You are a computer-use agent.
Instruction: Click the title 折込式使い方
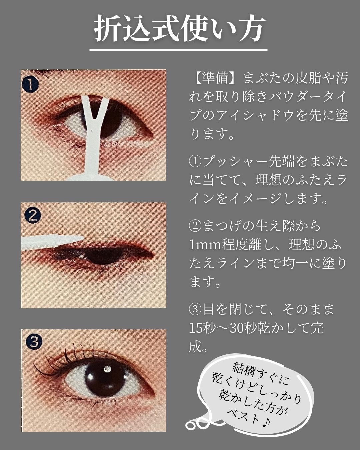tap(178, 29)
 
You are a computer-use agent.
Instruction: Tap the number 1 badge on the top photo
tap(30, 84)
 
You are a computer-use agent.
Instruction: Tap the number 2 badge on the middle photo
tap(33, 216)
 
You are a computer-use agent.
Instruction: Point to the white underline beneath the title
tap(178, 50)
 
